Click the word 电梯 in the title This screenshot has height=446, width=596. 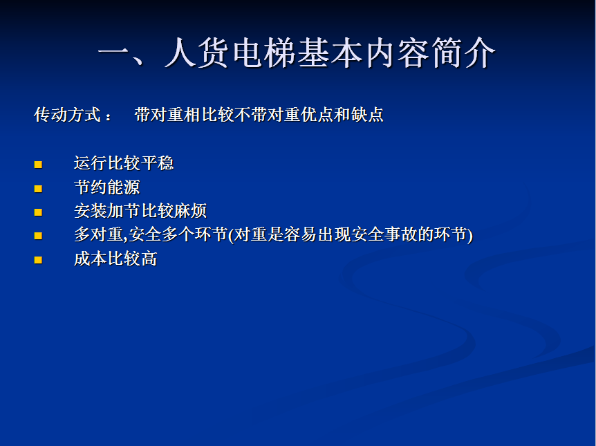tap(264, 53)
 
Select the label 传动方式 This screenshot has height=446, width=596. tap(67, 115)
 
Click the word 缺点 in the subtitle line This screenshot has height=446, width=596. tap(368, 115)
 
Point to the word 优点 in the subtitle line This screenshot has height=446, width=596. tap(317, 115)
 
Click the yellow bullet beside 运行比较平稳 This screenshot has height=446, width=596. tap(38, 165)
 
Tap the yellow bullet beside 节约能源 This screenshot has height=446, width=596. tap(38, 189)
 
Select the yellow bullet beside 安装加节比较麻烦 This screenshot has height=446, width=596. tap(38, 212)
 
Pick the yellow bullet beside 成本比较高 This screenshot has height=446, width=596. tap(38, 260)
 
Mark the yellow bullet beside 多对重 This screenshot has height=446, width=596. tap(38, 236)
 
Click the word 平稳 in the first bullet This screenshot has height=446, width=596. tap(158, 163)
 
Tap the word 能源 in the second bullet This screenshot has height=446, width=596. tap(124, 187)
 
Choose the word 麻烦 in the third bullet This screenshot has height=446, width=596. tap(190, 211)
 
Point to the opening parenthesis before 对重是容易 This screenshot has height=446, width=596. tap(230, 235)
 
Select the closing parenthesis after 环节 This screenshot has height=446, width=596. tap(471, 235)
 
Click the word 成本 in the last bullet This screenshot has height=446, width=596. tap(91, 259)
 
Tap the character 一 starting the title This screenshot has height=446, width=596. tap(114, 53)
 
